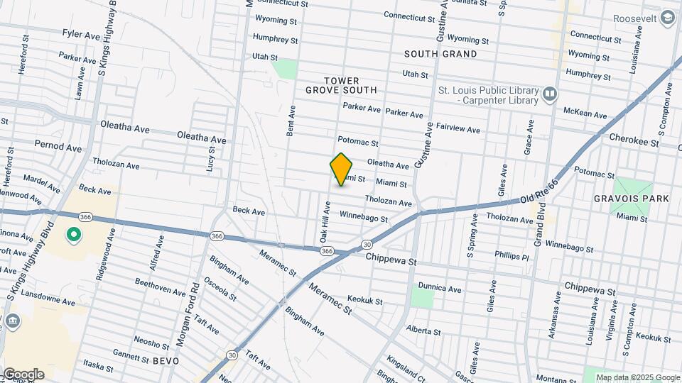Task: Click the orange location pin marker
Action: (x=342, y=169)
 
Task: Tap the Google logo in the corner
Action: (x=23, y=374)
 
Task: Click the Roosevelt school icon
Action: (x=668, y=17)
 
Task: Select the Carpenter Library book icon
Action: (x=550, y=94)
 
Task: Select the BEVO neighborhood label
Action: (x=163, y=361)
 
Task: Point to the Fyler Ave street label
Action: (x=81, y=34)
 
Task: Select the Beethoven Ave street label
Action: (x=161, y=287)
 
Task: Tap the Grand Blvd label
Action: (x=541, y=228)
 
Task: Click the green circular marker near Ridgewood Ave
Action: (x=72, y=234)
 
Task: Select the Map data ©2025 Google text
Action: (x=637, y=377)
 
